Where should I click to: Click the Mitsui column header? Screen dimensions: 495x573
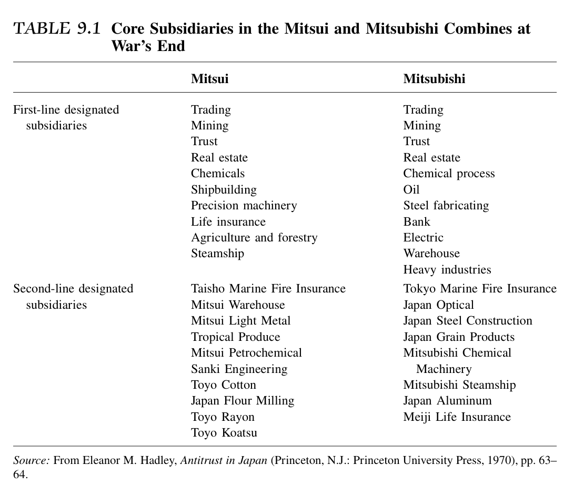[x=209, y=79]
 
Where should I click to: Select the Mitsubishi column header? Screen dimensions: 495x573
[x=434, y=79]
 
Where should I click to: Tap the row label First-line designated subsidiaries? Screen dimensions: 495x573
[x=66, y=117]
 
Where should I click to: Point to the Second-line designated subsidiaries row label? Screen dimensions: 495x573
[x=73, y=296]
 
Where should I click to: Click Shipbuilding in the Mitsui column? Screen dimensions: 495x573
[x=224, y=189]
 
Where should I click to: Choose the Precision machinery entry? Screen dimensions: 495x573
[x=244, y=206]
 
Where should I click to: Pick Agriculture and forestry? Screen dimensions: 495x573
[x=254, y=238]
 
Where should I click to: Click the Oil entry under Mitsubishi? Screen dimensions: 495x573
[x=411, y=189]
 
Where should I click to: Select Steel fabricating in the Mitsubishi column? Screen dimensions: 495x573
[x=446, y=206]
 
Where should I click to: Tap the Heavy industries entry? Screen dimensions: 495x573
[x=447, y=270]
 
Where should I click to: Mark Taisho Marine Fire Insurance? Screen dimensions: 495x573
[x=268, y=289]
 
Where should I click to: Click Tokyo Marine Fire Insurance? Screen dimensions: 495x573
[x=479, y=289]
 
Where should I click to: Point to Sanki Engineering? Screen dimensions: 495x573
[x=239, y=369]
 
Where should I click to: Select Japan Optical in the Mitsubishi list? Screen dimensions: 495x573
[x=438, y=305]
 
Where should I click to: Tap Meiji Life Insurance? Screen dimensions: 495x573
[x=457, y=417]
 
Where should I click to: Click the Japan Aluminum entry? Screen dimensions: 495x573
[x=447, y=401]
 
